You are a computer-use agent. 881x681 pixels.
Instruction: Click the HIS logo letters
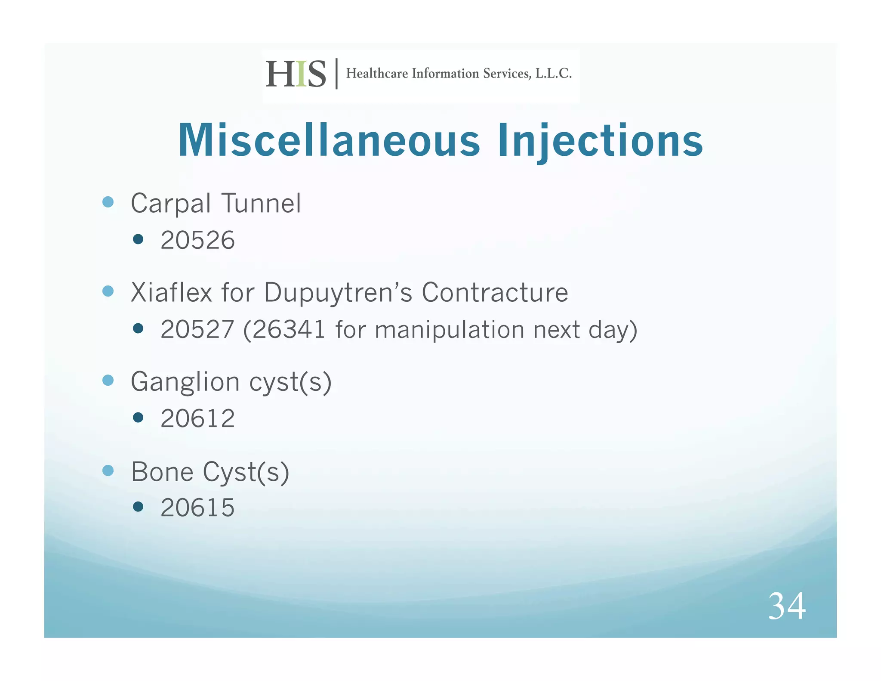point(296,74)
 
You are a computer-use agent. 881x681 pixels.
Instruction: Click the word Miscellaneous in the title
point(329,140)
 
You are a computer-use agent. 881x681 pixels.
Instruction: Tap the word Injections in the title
point(600,140)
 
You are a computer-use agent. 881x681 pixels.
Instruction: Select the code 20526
point(197,240)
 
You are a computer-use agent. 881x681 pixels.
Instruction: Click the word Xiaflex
point(172,293)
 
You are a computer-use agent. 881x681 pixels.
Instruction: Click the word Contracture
point(495,293)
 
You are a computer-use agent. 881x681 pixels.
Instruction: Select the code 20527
point(197,330)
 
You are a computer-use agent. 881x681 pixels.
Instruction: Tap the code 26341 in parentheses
point(288,330)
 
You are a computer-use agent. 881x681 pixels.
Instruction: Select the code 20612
point(197,418)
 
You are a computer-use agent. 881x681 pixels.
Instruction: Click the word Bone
point(162,472)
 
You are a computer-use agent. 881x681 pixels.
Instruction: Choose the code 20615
point(197,508)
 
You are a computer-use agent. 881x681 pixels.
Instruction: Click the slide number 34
point(787,606)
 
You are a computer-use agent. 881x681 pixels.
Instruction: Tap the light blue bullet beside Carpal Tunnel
point(108,202)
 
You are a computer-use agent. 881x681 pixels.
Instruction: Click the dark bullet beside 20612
point(138,418)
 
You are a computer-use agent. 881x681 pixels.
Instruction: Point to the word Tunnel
point(261,203)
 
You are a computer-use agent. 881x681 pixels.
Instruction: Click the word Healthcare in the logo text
point(377,74)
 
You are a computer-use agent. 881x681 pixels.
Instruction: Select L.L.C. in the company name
point(553,74)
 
